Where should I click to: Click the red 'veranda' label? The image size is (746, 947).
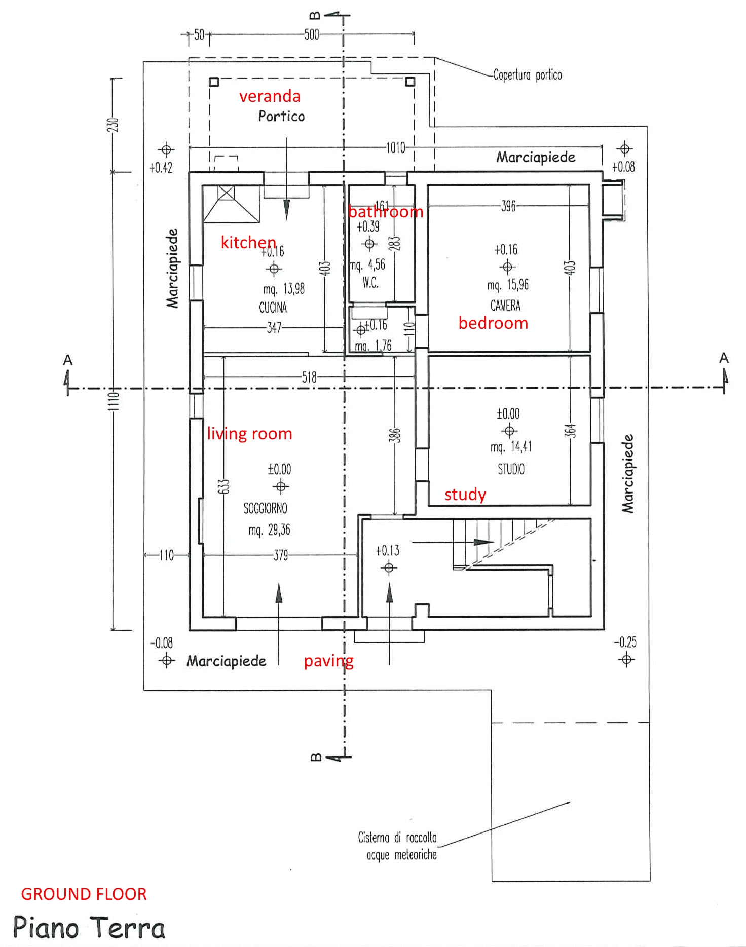[x=270, y=96]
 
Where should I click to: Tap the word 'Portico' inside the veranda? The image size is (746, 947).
[x=281, y=117]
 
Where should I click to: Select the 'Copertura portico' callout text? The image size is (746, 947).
[x=527, y=75]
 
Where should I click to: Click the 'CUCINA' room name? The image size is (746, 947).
[x=273, y=308]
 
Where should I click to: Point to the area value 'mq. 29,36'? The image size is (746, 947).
[x=269, y=530]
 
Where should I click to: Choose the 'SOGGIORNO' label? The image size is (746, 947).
[x=265, y=508]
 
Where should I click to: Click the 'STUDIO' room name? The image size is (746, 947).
[x=511, y=469]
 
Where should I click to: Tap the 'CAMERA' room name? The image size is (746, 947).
[x=505, y=306]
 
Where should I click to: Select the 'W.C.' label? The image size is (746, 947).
[x=370, y=283]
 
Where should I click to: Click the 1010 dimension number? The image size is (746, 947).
[x=396, y=148]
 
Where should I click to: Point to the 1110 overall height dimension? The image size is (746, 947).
[x=115, y=401]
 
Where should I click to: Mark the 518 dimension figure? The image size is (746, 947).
[x=309, y=377]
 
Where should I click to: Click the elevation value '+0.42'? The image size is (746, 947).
[x=161, y=168]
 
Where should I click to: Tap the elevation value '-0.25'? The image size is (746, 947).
[x=625, y=642]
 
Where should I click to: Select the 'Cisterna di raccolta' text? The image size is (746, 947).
[x=397, y=838]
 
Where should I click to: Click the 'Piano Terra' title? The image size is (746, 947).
[x=89, y=928]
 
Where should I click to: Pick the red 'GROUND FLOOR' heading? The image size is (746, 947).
[x=84, y=894]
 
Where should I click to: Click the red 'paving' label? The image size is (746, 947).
[x=328, y=661]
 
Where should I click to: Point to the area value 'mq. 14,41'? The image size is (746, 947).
[x=511, y=447]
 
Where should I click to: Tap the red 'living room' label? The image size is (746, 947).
[x=249, y=434]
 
